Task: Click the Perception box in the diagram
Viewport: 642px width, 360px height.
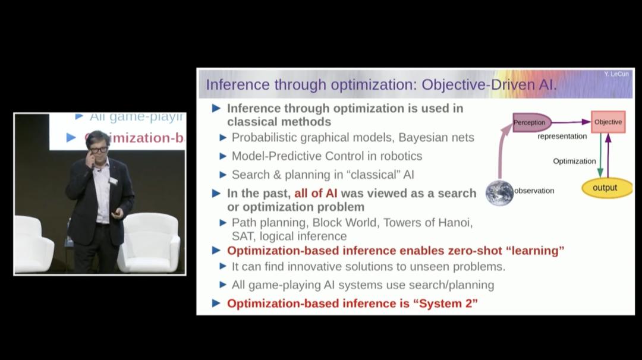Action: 530,122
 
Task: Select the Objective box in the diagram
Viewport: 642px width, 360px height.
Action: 608,122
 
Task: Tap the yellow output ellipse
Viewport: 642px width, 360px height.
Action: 605,188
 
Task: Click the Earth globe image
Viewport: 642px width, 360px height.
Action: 499,193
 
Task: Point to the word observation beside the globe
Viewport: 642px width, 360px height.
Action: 534,191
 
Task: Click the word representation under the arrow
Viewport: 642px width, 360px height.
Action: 562,136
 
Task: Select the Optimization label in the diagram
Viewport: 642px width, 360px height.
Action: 574,161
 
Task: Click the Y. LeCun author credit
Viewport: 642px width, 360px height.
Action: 616,74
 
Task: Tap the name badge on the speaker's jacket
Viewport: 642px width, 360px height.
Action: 112,179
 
